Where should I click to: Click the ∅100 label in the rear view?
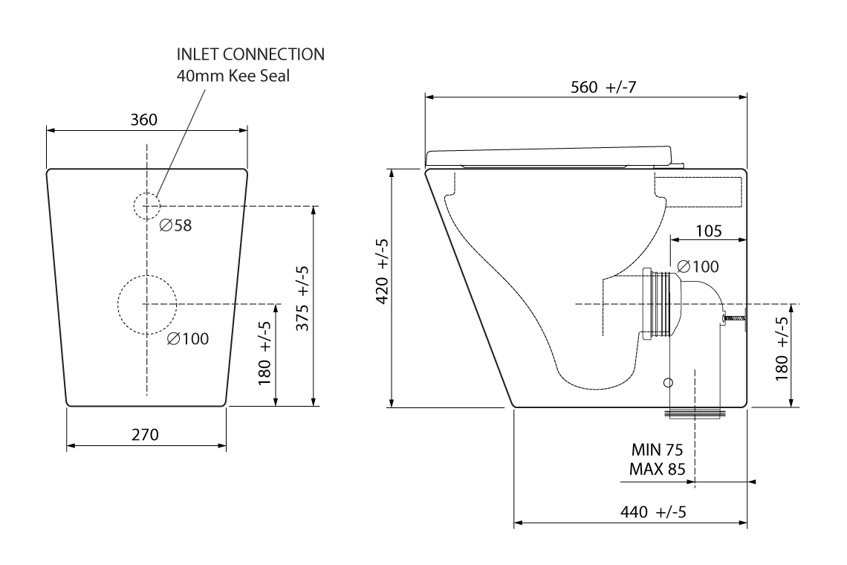point(187,339)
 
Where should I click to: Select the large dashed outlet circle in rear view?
point(146,303)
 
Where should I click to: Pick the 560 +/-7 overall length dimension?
point(604,87)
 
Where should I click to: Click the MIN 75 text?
point(657,451)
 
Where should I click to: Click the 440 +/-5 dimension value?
point(652,512)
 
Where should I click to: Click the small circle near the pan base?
point(667,382)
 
